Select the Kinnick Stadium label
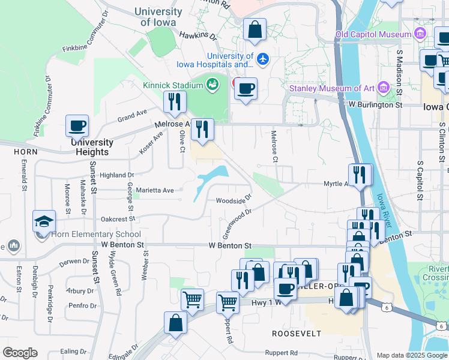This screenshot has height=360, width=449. [172, 85]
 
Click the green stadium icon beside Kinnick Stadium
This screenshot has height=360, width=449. [212, 85]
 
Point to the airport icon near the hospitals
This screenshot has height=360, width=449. [262, 59]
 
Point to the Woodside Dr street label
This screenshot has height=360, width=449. [234, 200]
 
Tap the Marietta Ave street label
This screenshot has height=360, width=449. [154, 190]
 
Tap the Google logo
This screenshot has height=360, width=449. [20, 353]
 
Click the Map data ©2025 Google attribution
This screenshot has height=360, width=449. [411, 355]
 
